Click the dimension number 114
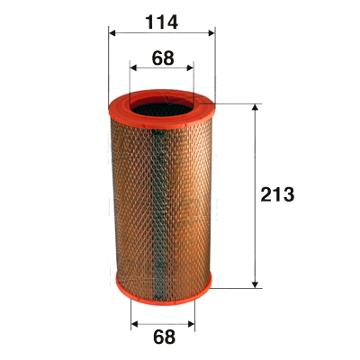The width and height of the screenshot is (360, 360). (162, 22)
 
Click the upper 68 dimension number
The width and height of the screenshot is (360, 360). (163, 58)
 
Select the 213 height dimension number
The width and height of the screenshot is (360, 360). (277, 194)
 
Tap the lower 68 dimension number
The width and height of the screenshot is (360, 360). (164, 337)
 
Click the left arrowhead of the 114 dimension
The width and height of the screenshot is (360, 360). (112, 33)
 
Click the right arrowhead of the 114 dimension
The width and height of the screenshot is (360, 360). (211, 33)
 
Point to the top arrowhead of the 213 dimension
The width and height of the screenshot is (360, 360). (255, 108)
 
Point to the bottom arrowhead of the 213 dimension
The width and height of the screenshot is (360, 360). (255, 284)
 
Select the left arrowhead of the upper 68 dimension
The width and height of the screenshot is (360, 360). (133, 68)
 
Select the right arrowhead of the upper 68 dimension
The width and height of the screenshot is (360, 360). (190, 68)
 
